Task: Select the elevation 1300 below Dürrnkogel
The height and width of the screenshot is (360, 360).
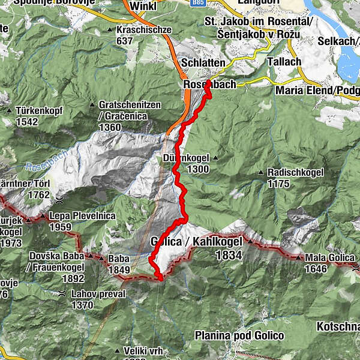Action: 197,170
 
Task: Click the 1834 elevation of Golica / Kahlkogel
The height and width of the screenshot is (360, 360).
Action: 229,255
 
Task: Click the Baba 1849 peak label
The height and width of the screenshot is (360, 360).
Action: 118,265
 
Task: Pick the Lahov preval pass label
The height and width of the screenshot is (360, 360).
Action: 98,294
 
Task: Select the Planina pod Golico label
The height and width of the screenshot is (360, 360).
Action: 238,335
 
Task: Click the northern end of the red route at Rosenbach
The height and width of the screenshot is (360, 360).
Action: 208,82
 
